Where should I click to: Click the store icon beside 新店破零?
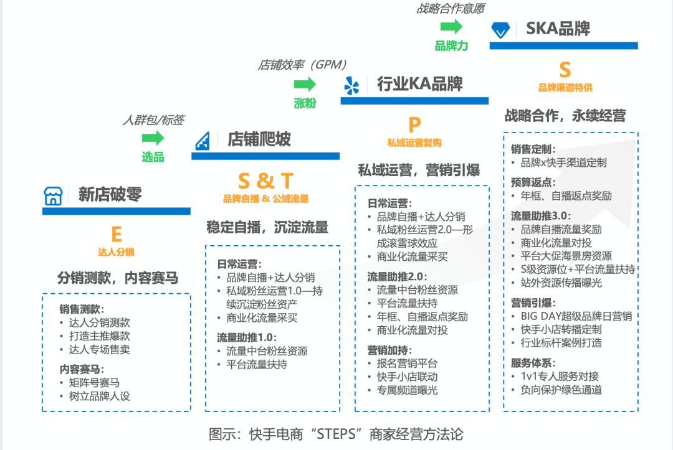pyautogui.click(x=53, y=195)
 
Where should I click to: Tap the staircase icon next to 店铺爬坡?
pyautogui.click(x=203, y=140)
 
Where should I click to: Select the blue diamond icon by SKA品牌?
pyautogui.click(x=500, y=29)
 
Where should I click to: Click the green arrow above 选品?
pyautogui.click(x=153, y=138)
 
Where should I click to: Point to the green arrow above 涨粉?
pyautogui.click(x=305, y=84)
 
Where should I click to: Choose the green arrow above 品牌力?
pyautogui.click(x=451, y=26)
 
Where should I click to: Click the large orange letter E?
pyautogui.click(x=116, y=234)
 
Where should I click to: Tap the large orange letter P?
pyautogui.click(x=414, y=124)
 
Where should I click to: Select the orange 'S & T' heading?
pyautogui.click(x=265, y=180)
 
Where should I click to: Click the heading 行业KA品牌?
pyautogui.click(x=419, y=84)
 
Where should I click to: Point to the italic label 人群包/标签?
pyautogui.click(x=153, y=120)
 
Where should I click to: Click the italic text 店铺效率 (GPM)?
pyautogui.click(x=302, y=65)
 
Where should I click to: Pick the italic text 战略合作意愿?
pyautogui.click(x=451, y=9)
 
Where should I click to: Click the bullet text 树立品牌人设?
pyautogui.click(x=99, y=396)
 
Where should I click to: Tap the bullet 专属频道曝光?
pyautogui.click(x=407, y=390)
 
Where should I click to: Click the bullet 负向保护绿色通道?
pyautogui.click(x=561, y=390)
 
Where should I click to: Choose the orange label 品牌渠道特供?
pyautogui.click(x=565, y=88)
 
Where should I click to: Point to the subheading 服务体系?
pyautogui.click(x=533, y=363)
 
